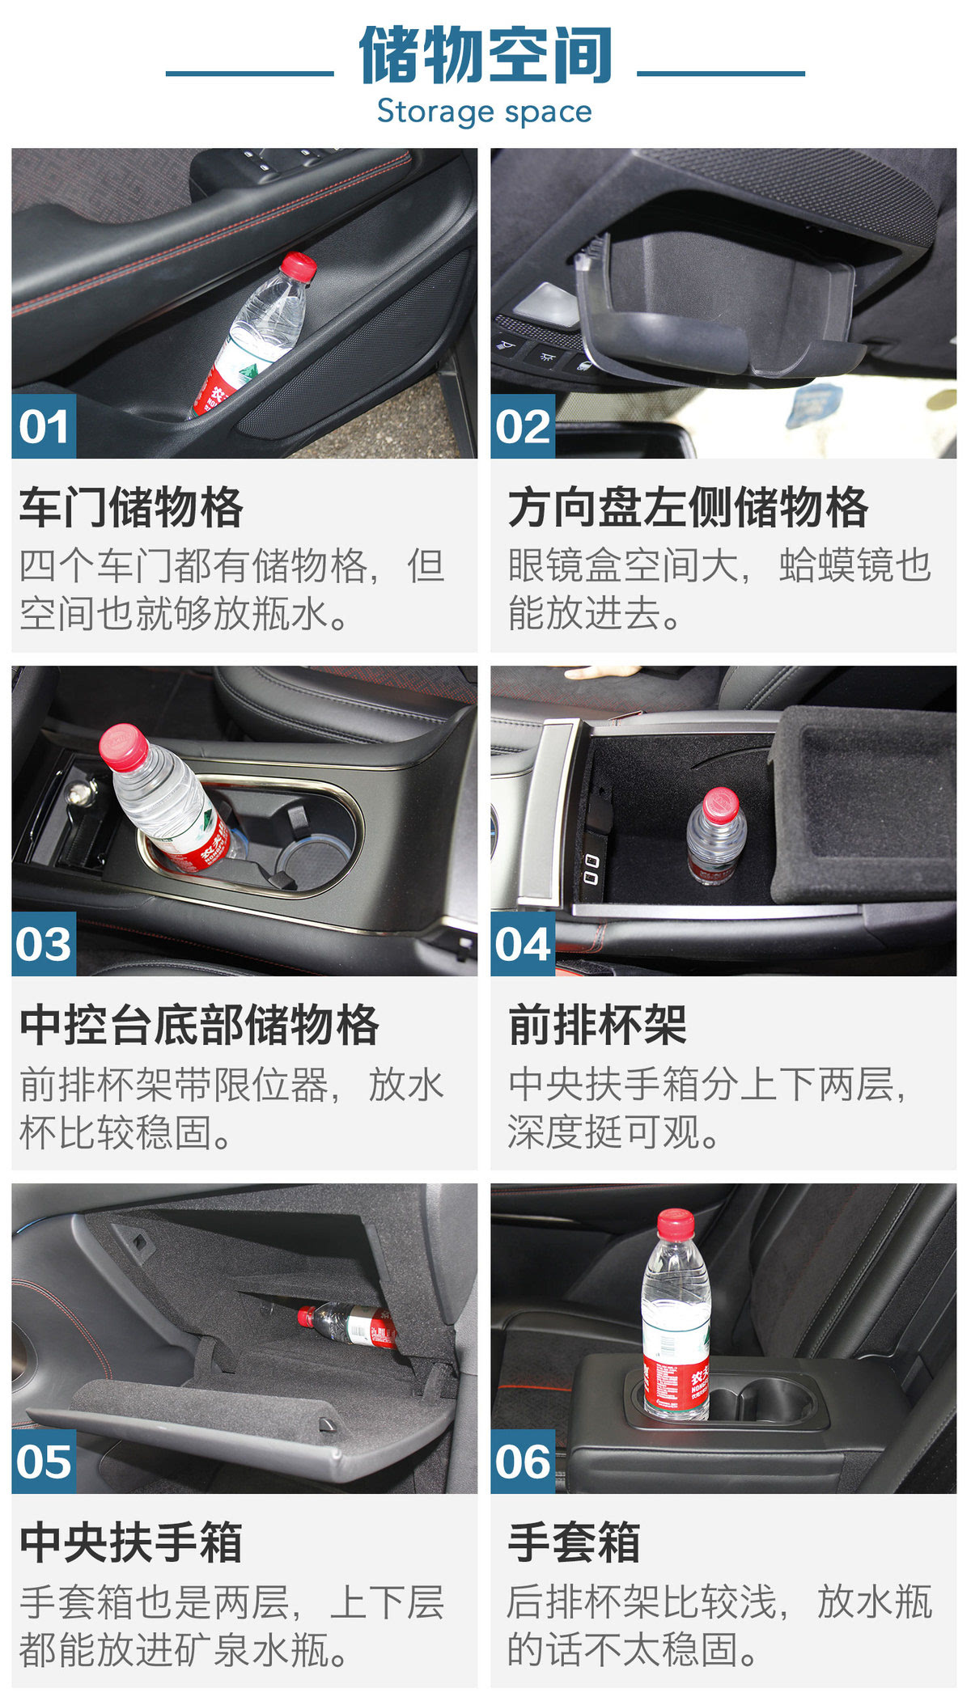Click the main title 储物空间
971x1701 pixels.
click(x=485, y=55)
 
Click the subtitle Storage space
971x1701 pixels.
click(x=485, y=112)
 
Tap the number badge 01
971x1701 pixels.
click(x=44, y=426)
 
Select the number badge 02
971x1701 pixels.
click(x=523, y=426)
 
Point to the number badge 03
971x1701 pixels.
click(x=44, y=944)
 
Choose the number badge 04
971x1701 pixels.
click(x=523, y=944)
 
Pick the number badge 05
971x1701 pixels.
click(x=44, y=1462)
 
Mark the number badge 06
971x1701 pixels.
click(x=523, y=1462)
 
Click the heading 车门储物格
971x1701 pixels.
click(x=131, y=507)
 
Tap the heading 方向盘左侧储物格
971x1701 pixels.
click(x=689, y=507)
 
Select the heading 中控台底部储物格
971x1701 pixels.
click(x=200, y=1025)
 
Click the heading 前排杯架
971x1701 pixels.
click(x=598, y=1025)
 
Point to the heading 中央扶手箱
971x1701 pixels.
click(x=131, y=1542)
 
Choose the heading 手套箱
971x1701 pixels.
click(x=575, y=1542)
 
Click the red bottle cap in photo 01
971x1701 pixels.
click(x=299, y=267)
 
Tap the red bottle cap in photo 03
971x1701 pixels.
click(x=124, y=747)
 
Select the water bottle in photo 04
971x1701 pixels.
click(x=716, y=836)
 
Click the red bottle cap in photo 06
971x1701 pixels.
click(x=676, y=1224)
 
